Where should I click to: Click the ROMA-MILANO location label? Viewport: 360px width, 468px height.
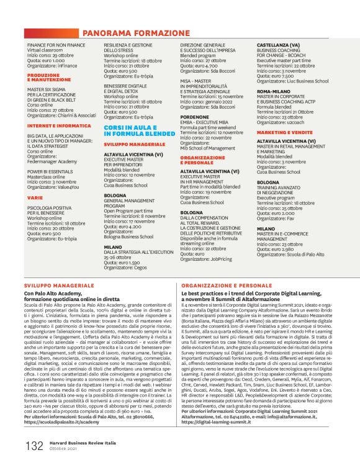click(274, 91)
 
